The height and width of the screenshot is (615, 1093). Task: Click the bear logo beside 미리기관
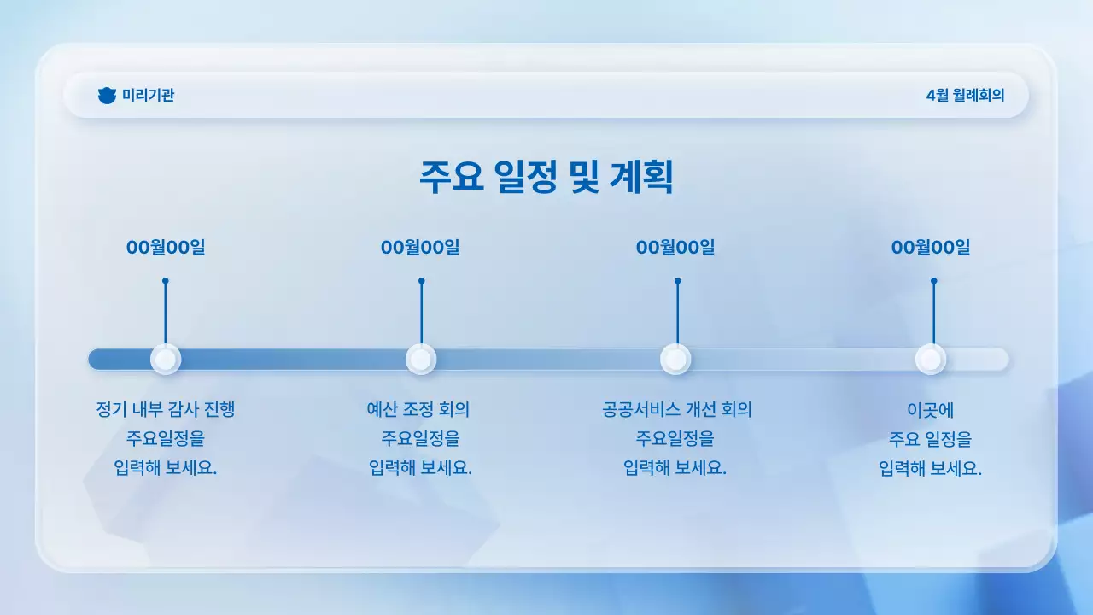107,96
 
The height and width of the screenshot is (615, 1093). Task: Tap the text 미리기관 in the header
148,96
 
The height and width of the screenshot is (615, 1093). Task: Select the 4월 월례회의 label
965,96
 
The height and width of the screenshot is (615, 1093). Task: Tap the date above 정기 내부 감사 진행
166,248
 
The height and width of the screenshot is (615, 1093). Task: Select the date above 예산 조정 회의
420,248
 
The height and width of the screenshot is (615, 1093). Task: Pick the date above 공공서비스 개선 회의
675,248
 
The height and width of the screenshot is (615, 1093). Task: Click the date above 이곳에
931,248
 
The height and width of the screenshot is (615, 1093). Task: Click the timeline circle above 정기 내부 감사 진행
166,360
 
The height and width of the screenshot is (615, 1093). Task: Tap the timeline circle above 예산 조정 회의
421,360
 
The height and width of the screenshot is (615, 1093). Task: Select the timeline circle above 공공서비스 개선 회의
675,360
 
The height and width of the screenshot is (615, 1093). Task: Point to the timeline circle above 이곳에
931,360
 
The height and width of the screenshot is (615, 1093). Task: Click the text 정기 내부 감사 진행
166,410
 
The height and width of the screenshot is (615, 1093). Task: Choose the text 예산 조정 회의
418,410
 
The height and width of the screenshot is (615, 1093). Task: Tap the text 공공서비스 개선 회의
676,410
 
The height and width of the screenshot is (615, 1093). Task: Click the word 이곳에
930,410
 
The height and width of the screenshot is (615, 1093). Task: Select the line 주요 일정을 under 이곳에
930,440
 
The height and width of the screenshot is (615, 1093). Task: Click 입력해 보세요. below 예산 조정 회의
420,469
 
